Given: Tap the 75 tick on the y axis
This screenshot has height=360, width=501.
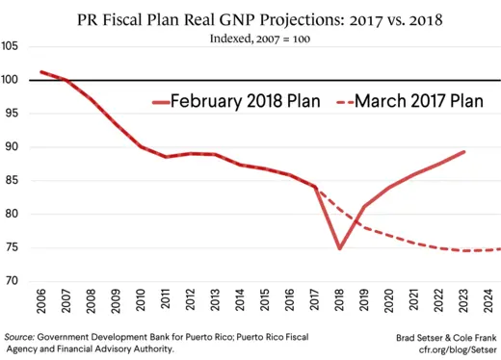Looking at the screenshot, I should click(x=13, y=247).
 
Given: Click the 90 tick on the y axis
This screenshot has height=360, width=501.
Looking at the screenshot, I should click(x=13, y=146).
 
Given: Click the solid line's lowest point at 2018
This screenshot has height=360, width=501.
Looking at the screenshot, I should click(x=340, y=248).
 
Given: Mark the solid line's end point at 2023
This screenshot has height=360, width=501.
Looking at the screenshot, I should click(x=465, y=151).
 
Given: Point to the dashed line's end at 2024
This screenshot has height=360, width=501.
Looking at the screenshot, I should click(x=499, y=249).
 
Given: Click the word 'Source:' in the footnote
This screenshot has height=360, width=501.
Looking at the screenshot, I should click(x=19, y=337).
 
